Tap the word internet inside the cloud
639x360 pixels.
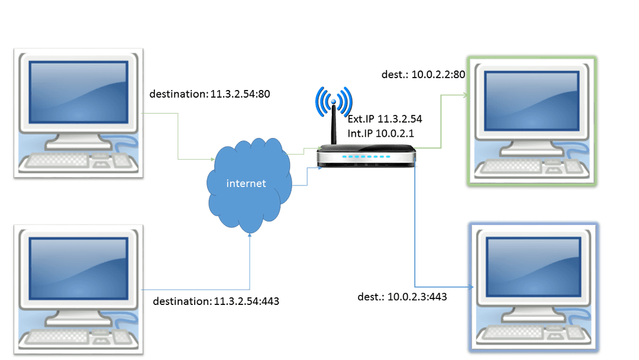click(246, 184)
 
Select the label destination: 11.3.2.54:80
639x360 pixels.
click(210, 94)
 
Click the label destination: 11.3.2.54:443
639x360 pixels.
click(216, 301)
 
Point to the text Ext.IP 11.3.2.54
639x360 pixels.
click(385, 119)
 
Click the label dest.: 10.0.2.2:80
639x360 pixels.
click(424, 75)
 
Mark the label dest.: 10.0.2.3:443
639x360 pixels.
click(402, 297)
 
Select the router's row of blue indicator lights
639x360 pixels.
click(366, 157)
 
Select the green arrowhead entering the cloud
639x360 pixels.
click(211, 160)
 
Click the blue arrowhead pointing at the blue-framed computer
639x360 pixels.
click(474, 288)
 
